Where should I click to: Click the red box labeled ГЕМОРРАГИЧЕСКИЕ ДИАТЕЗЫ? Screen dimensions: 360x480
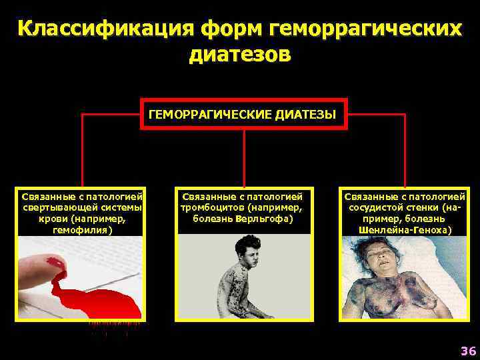tap(243, 114)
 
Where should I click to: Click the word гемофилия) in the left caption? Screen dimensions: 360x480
tap(82, 229)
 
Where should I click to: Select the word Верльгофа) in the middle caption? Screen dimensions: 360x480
tap(263, 219)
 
